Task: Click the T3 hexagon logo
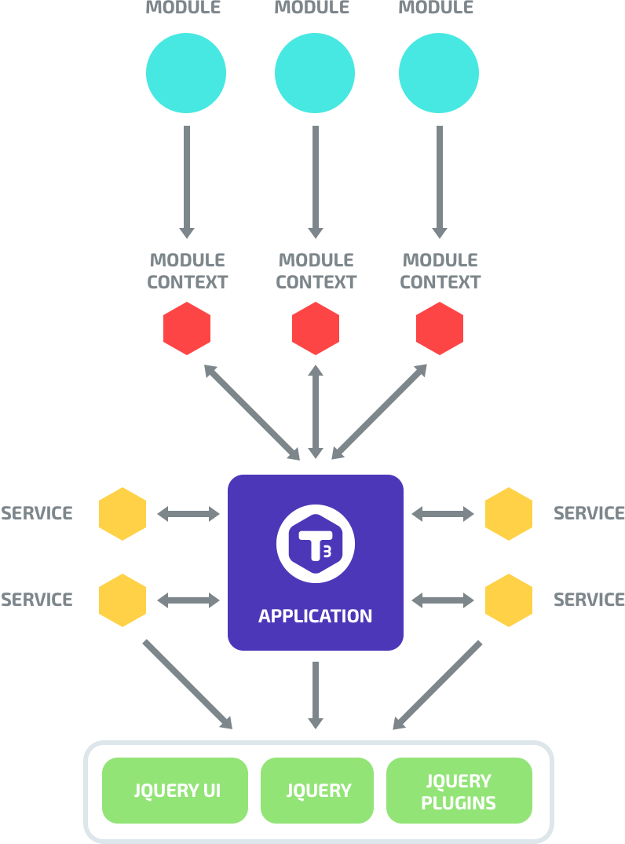[x=316, y=544]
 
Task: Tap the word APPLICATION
[x=316, y=616]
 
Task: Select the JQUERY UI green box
[x=175, y=791]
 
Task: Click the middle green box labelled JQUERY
[x=317, y=791]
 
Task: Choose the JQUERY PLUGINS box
[x=459, y=791]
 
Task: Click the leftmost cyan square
[x=186, y=73]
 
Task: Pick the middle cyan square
[x=315, y=73]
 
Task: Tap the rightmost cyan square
[x=439, y=73]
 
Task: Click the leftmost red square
[x=187, y=328]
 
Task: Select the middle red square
[x=316, y=328]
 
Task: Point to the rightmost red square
[x=440, y=328]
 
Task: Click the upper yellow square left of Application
[x=122, y=513]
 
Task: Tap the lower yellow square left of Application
[x=122, y=600]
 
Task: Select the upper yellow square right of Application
[x=509, y=513]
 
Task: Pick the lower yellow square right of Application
[x=509, y=600]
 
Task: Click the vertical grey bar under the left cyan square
[x=187, y=182]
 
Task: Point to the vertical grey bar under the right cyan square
[x=440, y=182]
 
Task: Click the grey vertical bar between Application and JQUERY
[x=316, y=695]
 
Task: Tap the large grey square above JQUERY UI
[x=187, y=684]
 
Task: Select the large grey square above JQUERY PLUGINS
[x=437, y=684]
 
